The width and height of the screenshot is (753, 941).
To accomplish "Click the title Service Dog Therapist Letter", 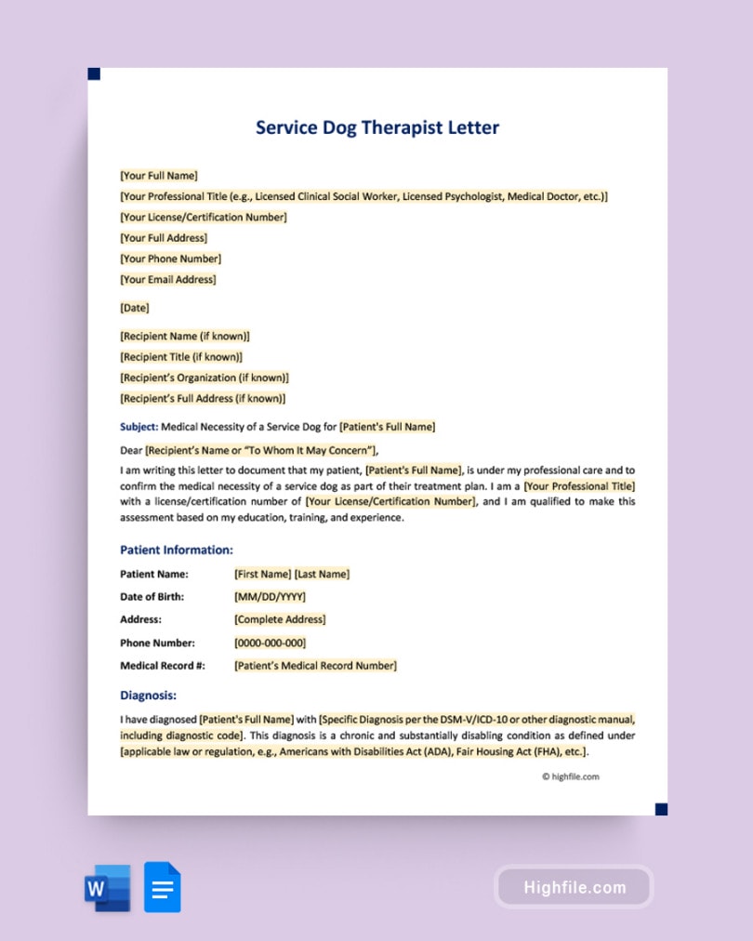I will pos(377,127).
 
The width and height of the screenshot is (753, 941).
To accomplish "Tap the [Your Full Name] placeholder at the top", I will pos(159,176).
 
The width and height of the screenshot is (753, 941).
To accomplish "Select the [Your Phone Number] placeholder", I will pos(170,258).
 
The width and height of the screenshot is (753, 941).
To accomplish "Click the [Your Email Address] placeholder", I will pos(168,279).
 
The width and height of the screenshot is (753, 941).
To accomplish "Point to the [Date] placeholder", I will pos(134,308).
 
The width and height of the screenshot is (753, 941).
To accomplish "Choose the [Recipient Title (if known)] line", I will pos(181,357).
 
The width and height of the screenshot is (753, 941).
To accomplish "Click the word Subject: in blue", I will pos(139,427).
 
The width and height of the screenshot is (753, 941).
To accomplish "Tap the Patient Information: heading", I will pos(177,550).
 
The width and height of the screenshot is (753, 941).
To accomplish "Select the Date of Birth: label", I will pos(152,597).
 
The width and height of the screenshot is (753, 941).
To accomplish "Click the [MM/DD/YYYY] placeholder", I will pos(270,597).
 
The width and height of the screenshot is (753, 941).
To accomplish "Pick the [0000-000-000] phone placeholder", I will pos(270,643).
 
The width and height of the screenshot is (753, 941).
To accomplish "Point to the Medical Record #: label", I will pos(162,666).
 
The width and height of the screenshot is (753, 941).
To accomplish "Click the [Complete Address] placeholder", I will pos(280,619).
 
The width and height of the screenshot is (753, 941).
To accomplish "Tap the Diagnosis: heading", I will pos(148,695).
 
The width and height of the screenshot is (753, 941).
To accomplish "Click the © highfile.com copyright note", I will pos(571,776).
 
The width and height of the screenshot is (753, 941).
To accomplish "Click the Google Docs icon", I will pos(163,888).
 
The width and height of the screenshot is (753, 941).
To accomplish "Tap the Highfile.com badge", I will pos(574,887).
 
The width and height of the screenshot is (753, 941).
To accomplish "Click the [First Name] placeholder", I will pos(263,574).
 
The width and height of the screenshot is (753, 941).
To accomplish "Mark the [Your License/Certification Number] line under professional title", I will pos(204,218).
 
